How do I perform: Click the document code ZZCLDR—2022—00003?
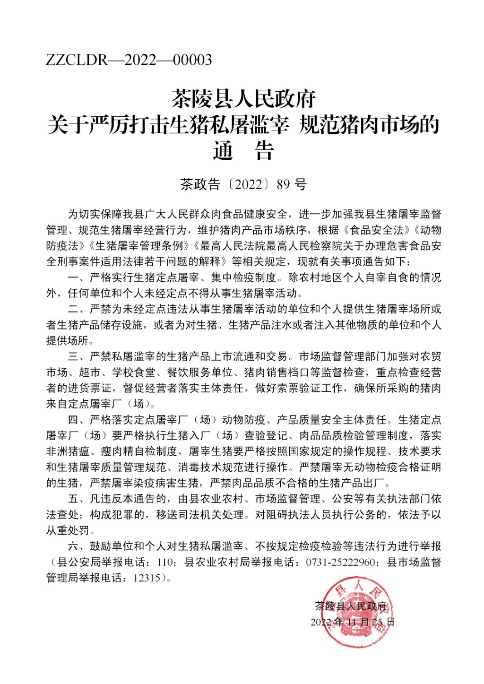[x=129, y=60]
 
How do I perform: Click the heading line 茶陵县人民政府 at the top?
[x=243, y=99]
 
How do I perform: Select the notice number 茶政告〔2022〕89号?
[x=243, y=184]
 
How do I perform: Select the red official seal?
[x=352, y=613]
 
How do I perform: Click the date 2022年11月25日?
[x=352, y=622]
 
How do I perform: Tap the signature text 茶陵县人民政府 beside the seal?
[x=351, y=606]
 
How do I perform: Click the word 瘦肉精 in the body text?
[x=117, y=451]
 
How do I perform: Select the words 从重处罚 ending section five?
[x=68, y=530]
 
